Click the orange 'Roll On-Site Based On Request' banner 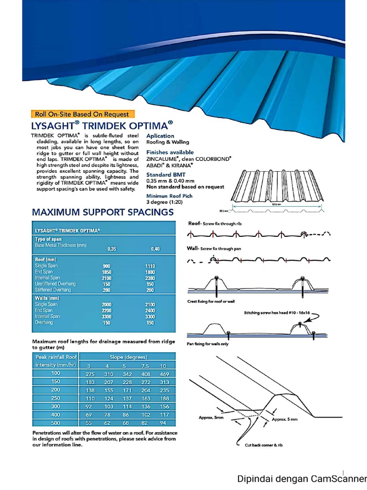(82, 114)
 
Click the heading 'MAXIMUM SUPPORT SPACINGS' (102, 212)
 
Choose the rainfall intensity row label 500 (56, 423)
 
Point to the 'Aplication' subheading (161, 136)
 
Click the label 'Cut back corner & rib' (260, 445)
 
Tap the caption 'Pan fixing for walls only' (208, 344)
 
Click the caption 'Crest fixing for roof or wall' (211, 301)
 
